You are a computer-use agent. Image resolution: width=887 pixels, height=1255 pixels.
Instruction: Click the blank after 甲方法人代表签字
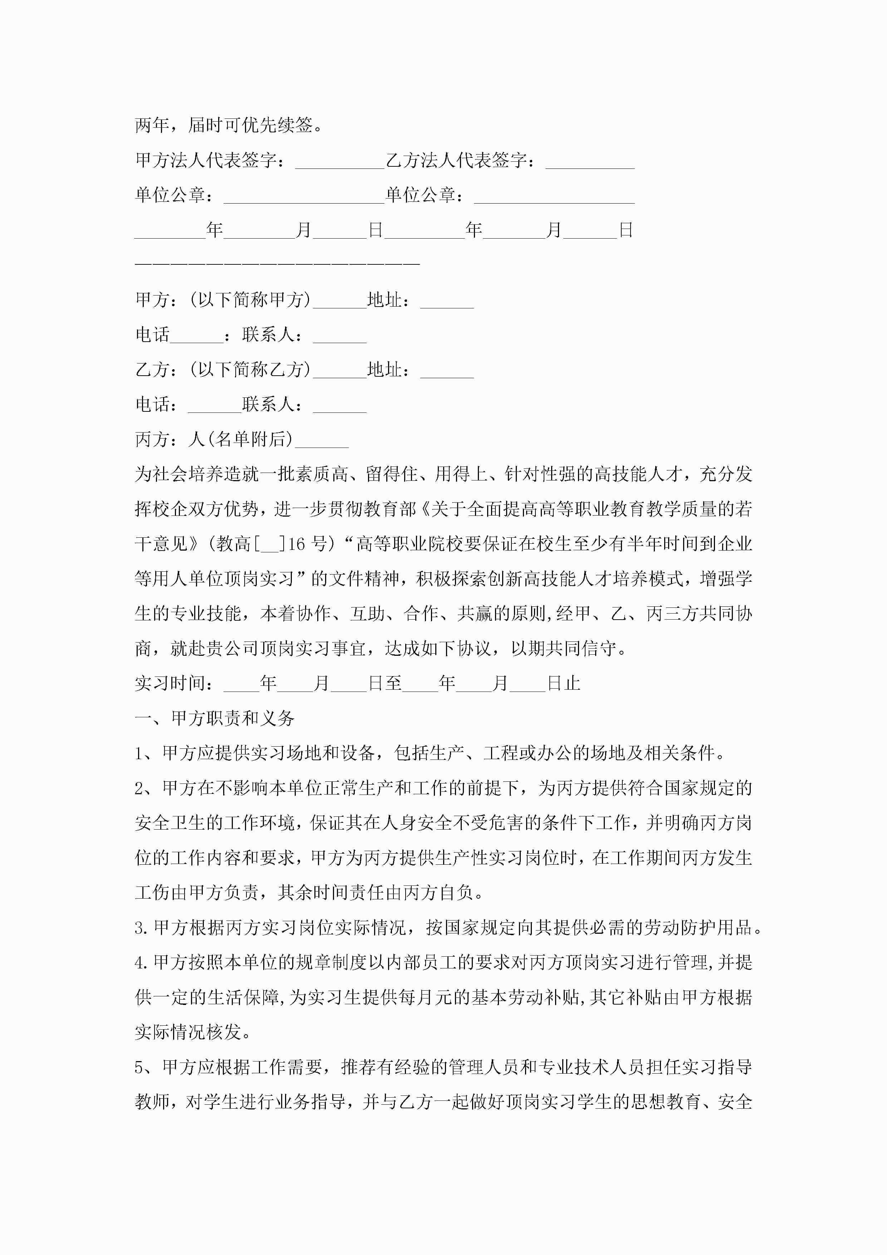(x=339, y=162)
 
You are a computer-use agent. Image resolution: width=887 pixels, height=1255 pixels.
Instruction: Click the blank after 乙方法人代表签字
(x=590, y=162)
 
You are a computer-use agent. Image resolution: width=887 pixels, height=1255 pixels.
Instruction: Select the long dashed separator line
(x=277, y=263)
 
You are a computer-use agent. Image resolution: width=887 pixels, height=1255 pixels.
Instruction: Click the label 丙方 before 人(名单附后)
(x=152, y=439)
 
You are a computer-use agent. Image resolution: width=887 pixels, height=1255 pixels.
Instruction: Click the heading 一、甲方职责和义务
(x=215, y=719)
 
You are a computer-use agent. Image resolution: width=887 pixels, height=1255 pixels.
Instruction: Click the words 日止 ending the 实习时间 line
(x=563, y=684)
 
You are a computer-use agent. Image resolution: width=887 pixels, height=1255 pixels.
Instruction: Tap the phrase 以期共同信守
(x=563, y=649)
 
